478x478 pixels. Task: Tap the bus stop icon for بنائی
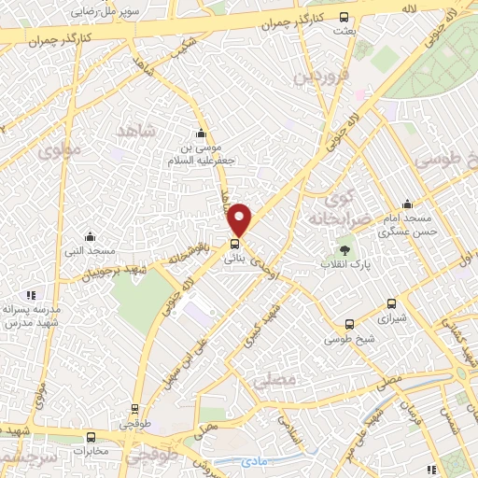233,246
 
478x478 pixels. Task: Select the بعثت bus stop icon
344,17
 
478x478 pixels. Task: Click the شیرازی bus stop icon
390,303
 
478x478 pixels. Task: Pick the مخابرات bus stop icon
91,436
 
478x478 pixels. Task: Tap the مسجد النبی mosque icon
90,236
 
